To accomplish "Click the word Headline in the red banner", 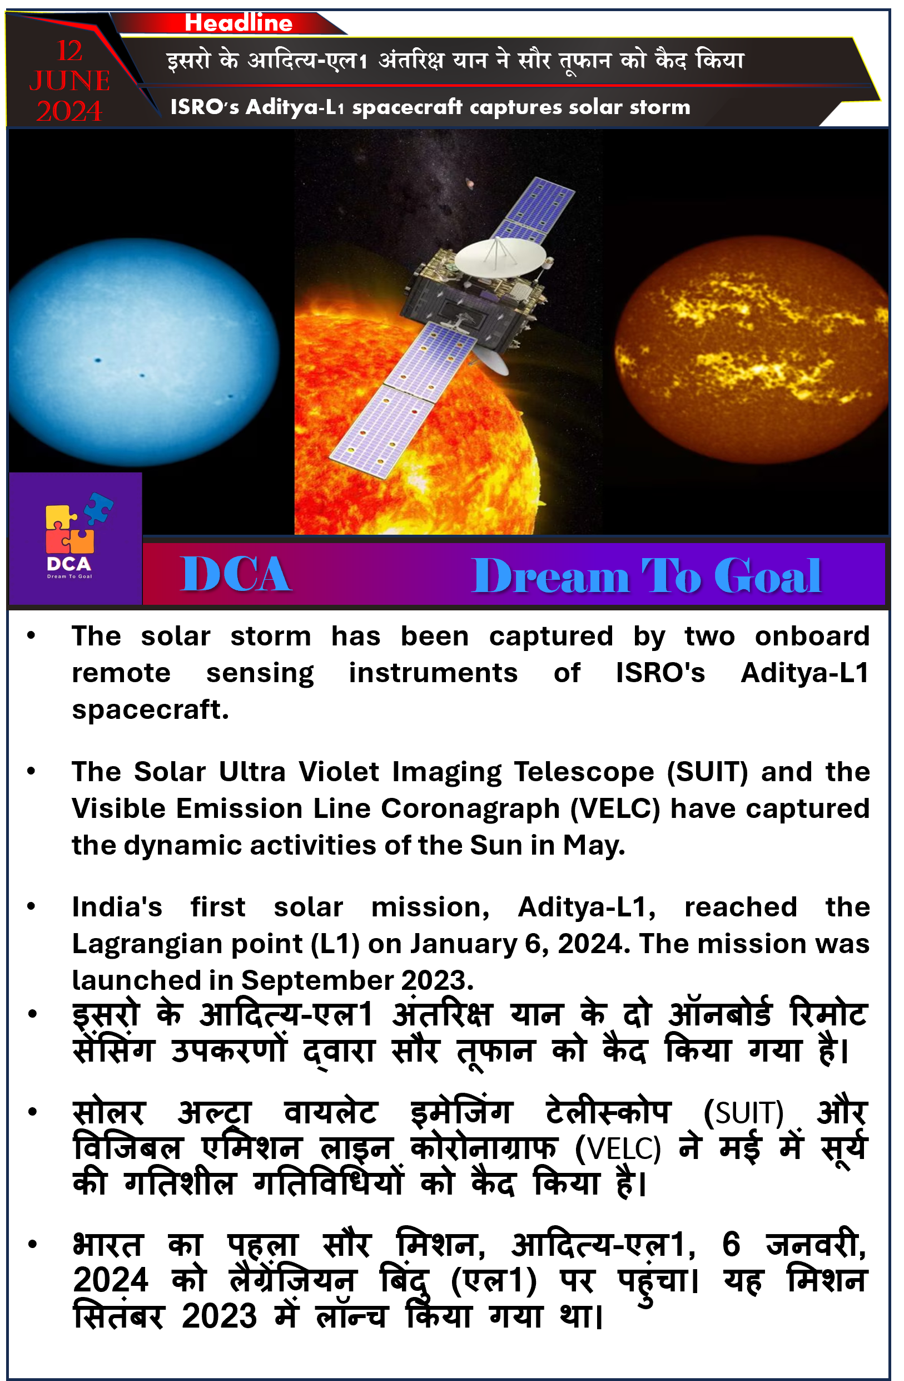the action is coord(239,23).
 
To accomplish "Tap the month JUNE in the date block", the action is coord(69,81).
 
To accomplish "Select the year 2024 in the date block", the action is coord(69,111).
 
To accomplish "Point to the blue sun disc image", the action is coord(143,353).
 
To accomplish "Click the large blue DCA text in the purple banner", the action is coord(235,574).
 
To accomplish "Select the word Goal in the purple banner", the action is coord(767,576).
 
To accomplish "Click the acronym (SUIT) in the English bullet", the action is coord(707,772).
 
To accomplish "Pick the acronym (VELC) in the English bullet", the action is coord(615,809).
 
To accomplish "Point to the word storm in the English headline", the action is coord(660,107).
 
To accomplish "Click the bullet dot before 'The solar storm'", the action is coord(31,635).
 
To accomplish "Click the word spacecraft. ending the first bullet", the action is coord(150,710).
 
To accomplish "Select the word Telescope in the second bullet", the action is coord(584,772).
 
